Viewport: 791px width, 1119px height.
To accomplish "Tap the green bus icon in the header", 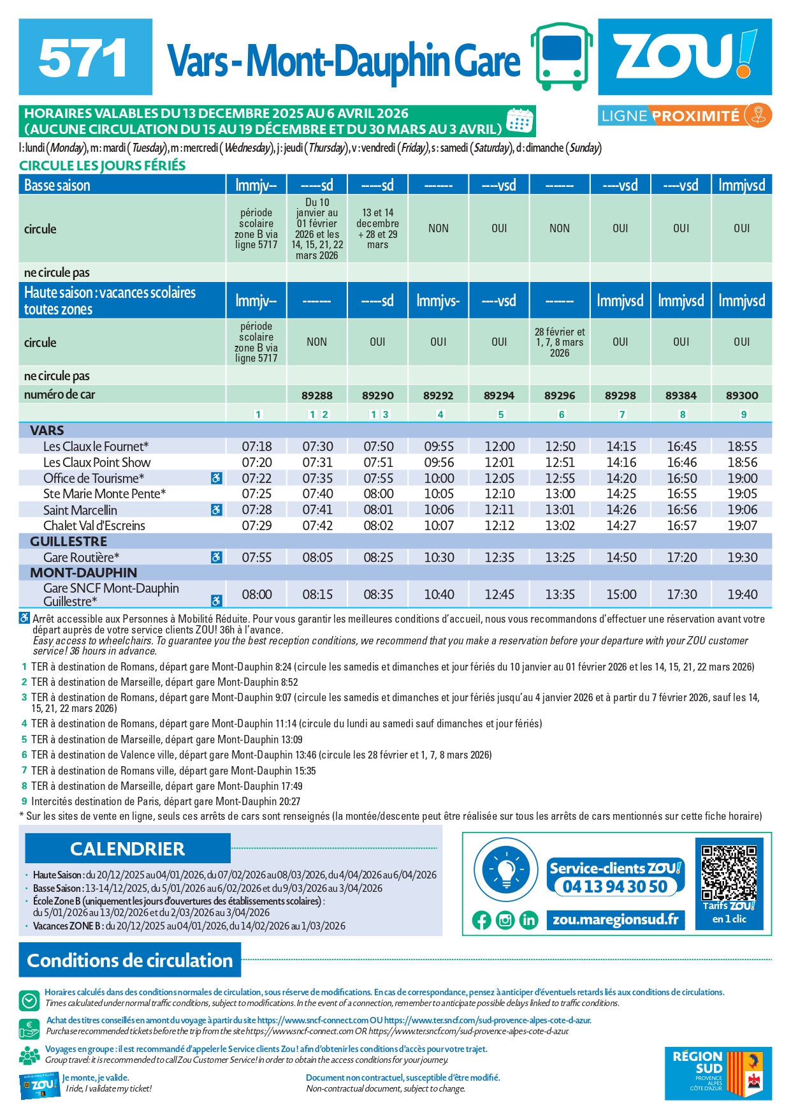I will pos(562,57).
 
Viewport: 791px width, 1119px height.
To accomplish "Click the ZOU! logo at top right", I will pos(685,56).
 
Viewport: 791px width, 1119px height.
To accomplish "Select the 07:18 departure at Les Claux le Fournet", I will pos(256,447).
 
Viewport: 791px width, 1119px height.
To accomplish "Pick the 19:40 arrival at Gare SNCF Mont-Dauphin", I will pos(742,595).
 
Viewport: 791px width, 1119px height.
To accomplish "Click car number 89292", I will pos(438,396).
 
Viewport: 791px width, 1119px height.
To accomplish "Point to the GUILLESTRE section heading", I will pos(68,542).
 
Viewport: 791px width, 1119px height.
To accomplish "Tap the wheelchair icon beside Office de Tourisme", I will pos(217,478).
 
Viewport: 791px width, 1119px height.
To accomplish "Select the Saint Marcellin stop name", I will pos(80,510).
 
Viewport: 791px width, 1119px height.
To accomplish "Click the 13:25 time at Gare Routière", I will pos(560,558).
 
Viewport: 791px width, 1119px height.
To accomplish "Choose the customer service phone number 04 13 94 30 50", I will pos(615,886).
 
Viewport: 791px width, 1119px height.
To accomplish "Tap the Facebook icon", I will pos(482,920).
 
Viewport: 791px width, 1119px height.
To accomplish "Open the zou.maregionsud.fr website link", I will pos(615,919).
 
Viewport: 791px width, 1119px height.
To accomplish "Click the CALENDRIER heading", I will pos(127,849).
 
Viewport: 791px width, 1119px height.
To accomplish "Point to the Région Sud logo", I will pos(718,1074).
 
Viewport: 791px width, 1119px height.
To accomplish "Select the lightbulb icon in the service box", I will pos(507,870).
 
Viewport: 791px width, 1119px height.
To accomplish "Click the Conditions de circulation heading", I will pos(130,960).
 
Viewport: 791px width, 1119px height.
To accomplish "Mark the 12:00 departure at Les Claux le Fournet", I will pos(499,447).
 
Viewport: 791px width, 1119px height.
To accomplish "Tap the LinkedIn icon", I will pos(528,920).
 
